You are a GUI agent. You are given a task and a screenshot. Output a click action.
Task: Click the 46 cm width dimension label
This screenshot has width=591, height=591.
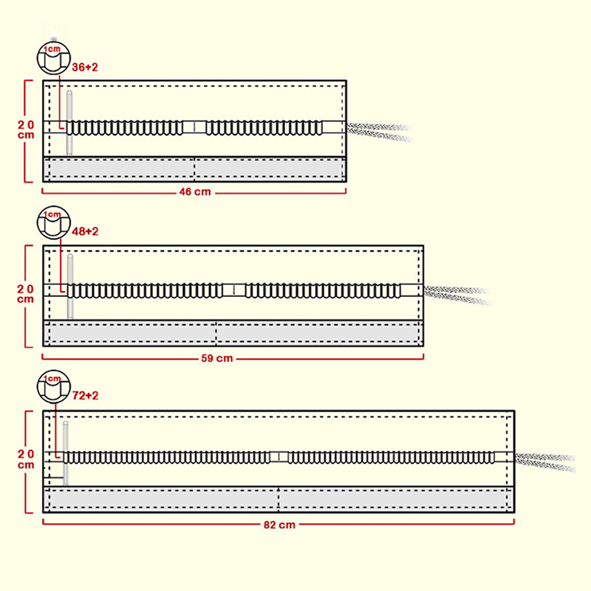pyautogui.click(x=195, y=192)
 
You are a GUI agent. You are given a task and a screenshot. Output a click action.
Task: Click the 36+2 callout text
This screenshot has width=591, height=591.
pyautogui.click(x=85, y=67)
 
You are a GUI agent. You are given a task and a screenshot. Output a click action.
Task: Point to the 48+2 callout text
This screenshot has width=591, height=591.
pyautogui.click(x=85, y=231)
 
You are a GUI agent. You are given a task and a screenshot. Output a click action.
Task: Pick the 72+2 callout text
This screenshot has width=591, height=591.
pyautogui.click(x=85, y=397)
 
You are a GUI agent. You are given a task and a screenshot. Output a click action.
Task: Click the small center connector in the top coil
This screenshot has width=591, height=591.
pyautogui.click(x=194, y=128)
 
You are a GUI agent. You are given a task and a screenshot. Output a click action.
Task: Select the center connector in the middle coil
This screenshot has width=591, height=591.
pyautogui.click(x=233, y=290)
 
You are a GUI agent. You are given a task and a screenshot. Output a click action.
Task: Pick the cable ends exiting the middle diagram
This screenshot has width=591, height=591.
pyautogui.click(x=458, y=294)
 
